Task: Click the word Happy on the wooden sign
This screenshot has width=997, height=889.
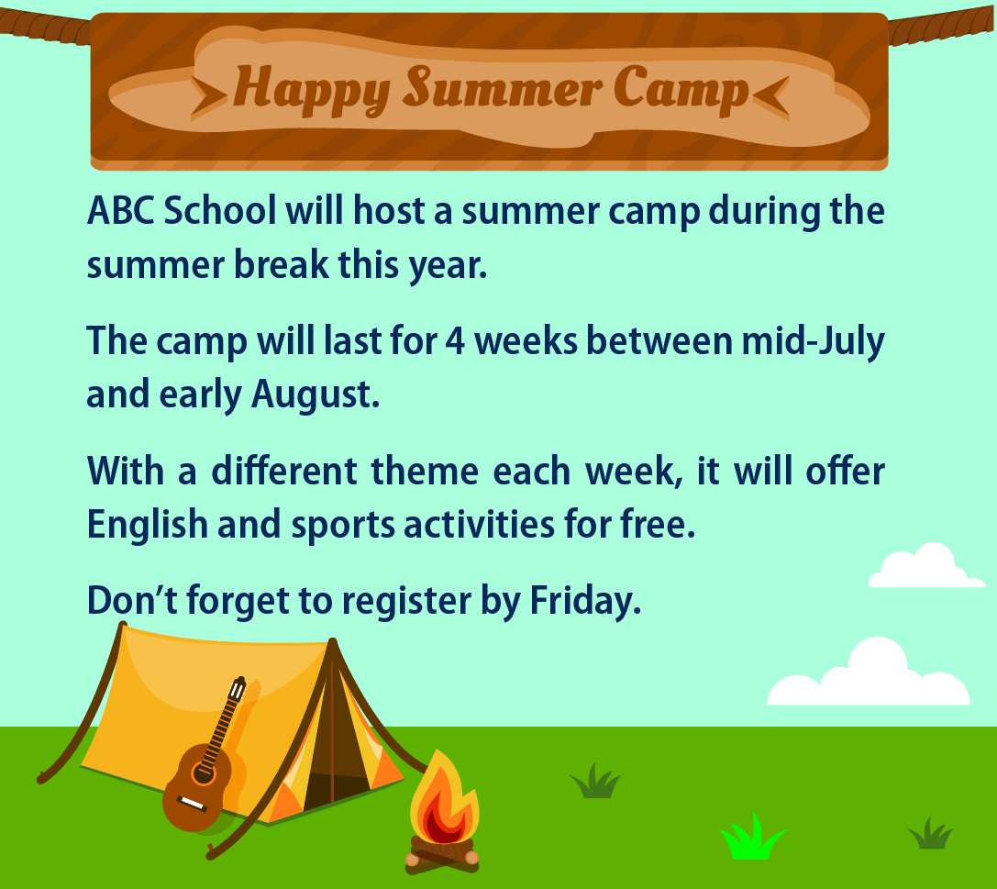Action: pyautogui.click(x=312, y=90)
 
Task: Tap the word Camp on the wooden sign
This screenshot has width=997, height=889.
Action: pyautogui.click(x=681, y=89)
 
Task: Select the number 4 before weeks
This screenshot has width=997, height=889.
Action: pyautogui.click(x=455, y=341)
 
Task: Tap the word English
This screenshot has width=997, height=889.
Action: pyautogui.click(x=148, y=526)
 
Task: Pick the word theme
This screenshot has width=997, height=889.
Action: pyautogui.click(x=425, y=472)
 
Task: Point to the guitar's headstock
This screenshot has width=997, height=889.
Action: pyautogui.click(x=236, y=689)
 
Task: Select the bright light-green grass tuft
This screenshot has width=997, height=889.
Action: pyautogui.click(x=752, y=838)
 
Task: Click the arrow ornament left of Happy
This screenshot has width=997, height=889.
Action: pyautogui.click(x=208, y=98)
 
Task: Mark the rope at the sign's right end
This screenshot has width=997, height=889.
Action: pyautogui.click(x=942, y=26)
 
